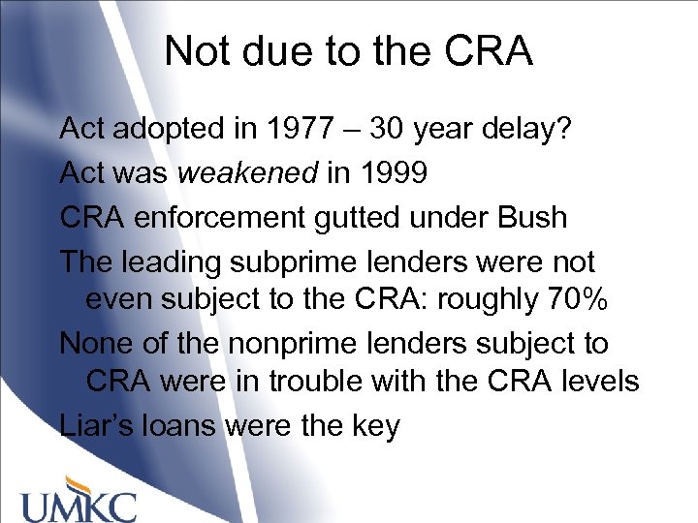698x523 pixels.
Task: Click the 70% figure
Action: point(576,300)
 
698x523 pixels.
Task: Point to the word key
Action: point(372,426)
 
